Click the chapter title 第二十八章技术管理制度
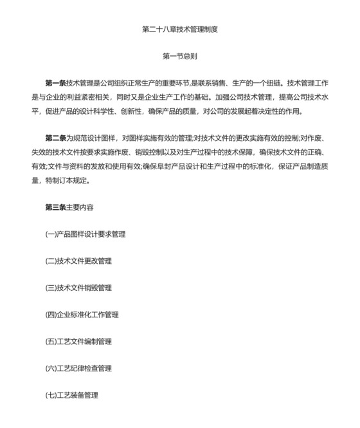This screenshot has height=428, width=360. pos(179,29)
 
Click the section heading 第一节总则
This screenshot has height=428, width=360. pos(179,56)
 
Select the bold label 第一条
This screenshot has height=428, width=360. pos(55,84)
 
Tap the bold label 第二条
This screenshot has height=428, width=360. pos(55,138)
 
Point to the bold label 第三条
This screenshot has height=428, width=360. pos(55,207)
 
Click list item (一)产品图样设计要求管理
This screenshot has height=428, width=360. pos(85,234)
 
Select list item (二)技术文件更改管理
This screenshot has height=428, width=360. pos(78,261)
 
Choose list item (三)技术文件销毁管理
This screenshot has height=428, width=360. pos(78,288)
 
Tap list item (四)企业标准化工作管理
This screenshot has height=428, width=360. pos(82,315)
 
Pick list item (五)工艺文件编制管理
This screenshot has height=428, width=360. pos(78,342)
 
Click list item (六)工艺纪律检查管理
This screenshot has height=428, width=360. pos(78,368)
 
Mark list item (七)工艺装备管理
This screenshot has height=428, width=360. pos(71,395)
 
